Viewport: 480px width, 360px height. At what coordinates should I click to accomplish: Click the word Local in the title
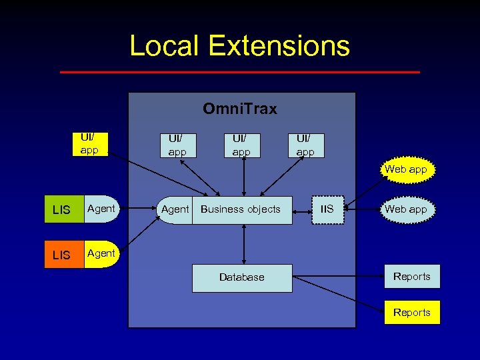[163, 45]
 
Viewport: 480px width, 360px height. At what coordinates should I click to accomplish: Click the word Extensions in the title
[279, 45]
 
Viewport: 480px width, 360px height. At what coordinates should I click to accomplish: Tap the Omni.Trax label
[240, 109]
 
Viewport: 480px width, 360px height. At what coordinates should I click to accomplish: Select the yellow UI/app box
[89, 144]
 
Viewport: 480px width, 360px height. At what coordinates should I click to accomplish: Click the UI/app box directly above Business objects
[241, 145]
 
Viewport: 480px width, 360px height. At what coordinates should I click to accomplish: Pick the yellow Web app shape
[405, 169]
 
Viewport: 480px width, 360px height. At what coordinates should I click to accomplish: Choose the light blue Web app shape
[405, 209]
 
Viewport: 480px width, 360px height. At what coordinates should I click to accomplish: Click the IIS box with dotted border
[327, 209]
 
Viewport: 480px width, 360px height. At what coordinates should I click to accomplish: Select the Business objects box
[241, 209]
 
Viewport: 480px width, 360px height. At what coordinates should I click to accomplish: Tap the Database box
[242, 277]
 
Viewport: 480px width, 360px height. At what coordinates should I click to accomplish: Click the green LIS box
[62, 210]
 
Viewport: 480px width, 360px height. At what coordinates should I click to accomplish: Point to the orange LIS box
[62, 255]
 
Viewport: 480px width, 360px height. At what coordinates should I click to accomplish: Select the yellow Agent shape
[101, 254]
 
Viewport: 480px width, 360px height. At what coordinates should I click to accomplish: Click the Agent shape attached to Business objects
[175, 209]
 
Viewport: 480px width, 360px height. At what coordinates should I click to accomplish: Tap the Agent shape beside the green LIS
[101, 209]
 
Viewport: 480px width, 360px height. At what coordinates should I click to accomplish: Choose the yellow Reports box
[412, 313]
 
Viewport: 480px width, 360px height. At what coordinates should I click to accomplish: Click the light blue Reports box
[412, 277]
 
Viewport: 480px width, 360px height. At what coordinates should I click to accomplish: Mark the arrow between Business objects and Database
[245, 244]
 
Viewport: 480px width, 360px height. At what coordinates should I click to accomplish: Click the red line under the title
[240, 71]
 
